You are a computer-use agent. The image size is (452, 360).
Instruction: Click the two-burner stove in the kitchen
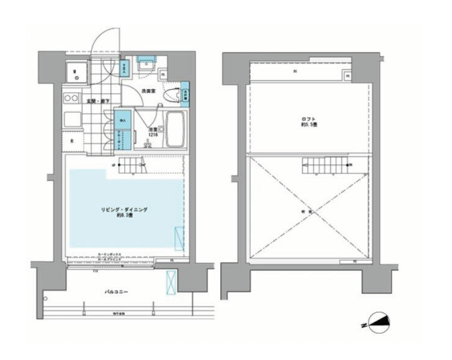70,99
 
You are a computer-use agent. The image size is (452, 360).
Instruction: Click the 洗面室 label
148,91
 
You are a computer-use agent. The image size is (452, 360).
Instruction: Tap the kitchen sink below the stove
70,119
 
